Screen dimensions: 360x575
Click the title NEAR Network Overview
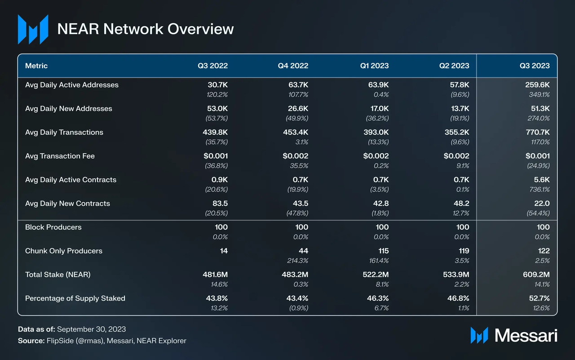[146, 29]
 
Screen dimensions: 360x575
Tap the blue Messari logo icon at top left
[33, 30]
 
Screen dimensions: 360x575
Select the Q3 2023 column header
[535, 66]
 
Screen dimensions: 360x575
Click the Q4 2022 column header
[293, 66]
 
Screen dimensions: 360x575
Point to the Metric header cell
[36, 66]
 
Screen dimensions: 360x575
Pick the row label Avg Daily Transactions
[64, 132]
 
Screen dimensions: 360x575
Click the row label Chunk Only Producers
[64, 251]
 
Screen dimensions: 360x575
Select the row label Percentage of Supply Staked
[75, 298]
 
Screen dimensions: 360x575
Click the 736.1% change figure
[540, 190]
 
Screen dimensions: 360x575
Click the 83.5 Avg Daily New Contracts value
[220, 203]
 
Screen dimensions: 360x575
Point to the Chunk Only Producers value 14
[223, 251]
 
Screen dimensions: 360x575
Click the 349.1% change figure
[540, 95]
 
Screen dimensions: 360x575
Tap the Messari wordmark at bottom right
[526, 335]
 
